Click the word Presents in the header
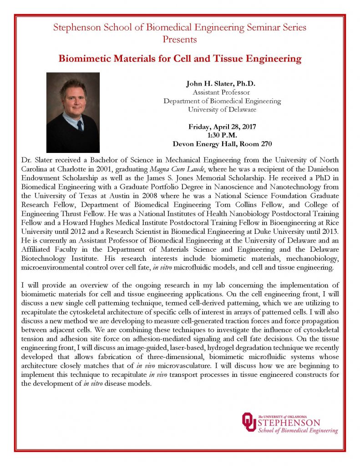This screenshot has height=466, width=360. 180,40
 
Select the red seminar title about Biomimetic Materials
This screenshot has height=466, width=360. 180,59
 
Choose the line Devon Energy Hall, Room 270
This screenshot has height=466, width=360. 222,144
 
